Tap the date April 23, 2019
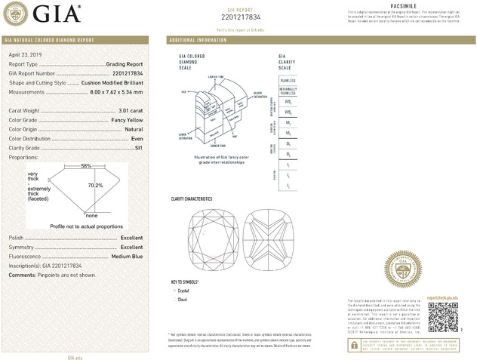(26, 55)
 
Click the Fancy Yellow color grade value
(123, 121)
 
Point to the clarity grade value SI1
(138, 149)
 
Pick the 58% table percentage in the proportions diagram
(86, 165)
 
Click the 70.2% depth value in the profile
(95, 185)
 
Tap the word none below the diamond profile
(91, 216)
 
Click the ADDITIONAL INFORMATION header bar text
(198, 39)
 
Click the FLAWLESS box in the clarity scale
(288, 79)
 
